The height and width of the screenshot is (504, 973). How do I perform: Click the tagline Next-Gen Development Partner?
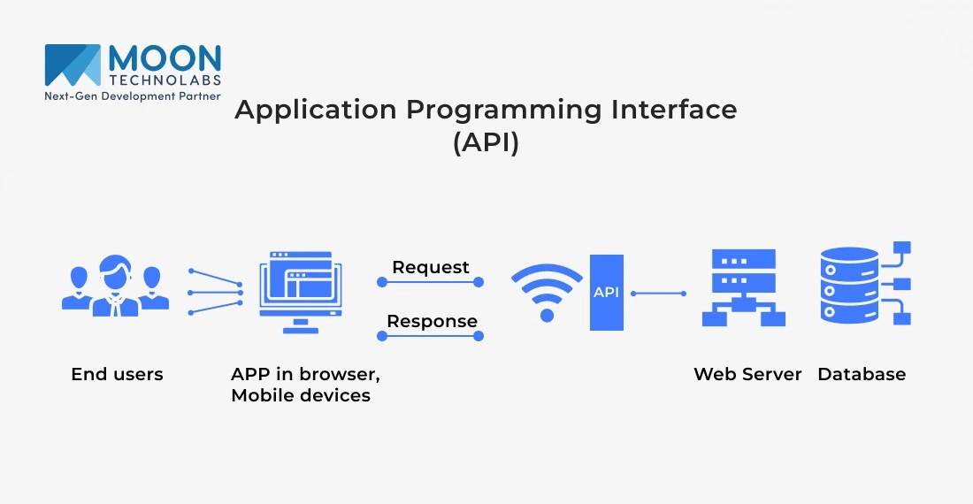tap(133, 95)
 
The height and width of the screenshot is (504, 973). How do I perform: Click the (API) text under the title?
tap(486, 143)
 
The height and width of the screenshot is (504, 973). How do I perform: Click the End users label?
tap(117, 374)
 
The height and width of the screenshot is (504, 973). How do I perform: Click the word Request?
tap(431, 267)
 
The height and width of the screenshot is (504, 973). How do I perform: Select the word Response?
tap(432, 321)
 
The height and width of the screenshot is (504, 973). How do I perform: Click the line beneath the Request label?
tap(431, 282)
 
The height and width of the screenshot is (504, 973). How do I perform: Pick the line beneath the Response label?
tap(431, 336)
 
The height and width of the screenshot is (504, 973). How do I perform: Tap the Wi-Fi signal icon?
tap(547, 292)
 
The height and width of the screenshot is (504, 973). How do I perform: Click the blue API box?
tap(607, 293)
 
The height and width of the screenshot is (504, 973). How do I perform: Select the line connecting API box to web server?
tap(658, 293)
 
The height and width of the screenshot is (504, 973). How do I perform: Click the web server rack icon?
tap(744, 287)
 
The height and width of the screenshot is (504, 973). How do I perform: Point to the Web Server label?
tap(747, 374)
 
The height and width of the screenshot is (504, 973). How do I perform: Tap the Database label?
tap(862, 374)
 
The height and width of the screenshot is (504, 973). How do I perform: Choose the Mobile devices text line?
tap(301, 395)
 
